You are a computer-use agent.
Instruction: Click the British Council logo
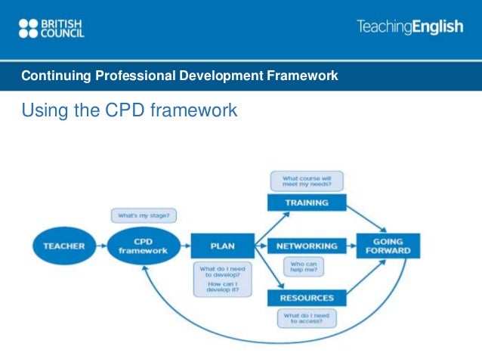(x=51, y=29)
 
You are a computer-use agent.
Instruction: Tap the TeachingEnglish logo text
(x=409, y=27)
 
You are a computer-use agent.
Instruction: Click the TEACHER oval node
(x=64, y=246)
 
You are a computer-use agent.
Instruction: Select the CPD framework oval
(x=144, y=246)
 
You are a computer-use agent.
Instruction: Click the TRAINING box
(x=306, y=203)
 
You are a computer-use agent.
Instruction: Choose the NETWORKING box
(x=306, y=246)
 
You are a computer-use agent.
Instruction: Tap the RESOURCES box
(x=306, y=297)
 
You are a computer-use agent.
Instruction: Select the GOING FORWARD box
(x=393, y=246)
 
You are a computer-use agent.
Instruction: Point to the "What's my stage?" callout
(x=143, y=216)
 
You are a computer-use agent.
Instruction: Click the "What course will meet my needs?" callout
(x=306, y=181)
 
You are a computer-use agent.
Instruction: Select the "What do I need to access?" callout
(x=306, y=319)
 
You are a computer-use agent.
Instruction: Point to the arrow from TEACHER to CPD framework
(x=100, y=246)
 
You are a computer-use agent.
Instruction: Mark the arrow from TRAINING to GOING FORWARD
(x=368, y=218)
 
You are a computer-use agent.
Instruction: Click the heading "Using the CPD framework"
(x=129, y=111)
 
